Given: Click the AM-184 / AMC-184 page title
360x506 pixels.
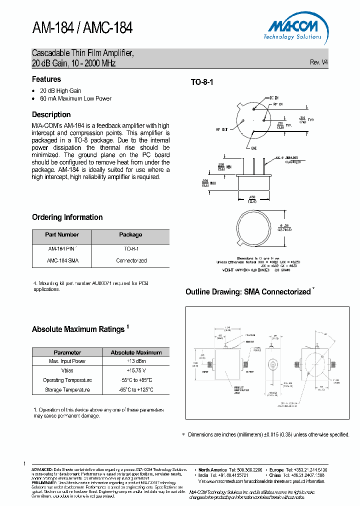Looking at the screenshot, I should (x=82, y=28).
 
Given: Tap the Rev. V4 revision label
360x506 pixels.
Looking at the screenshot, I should (x=319, y=62).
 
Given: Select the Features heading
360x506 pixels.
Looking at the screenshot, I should (x=46, y=79).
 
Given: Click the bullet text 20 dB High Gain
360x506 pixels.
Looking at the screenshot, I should (x=60, y=90).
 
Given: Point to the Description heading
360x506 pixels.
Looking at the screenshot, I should (x=51, y=114).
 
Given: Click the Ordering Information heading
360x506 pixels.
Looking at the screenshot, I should (x=67, y=217).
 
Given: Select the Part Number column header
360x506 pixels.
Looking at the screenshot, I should (x=62, y=234).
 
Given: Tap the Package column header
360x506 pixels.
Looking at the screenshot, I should (x=130, y=234).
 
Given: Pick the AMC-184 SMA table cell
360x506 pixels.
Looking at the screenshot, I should (x=62, y=260).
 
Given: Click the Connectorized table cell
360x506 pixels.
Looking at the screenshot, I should (x=131, y=260).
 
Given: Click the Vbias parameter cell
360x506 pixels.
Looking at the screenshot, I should (x=67, y=370).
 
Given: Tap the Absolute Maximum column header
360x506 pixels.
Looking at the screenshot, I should (x=136, y=352).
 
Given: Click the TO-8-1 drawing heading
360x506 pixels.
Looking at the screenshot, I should (x=202, y=82).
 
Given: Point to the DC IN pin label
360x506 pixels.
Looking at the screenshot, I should (x=274, y=98).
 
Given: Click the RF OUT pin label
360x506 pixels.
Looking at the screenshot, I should (x=221, y=129).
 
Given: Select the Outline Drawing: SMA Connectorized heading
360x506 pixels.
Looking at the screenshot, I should (x=248, y=291).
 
